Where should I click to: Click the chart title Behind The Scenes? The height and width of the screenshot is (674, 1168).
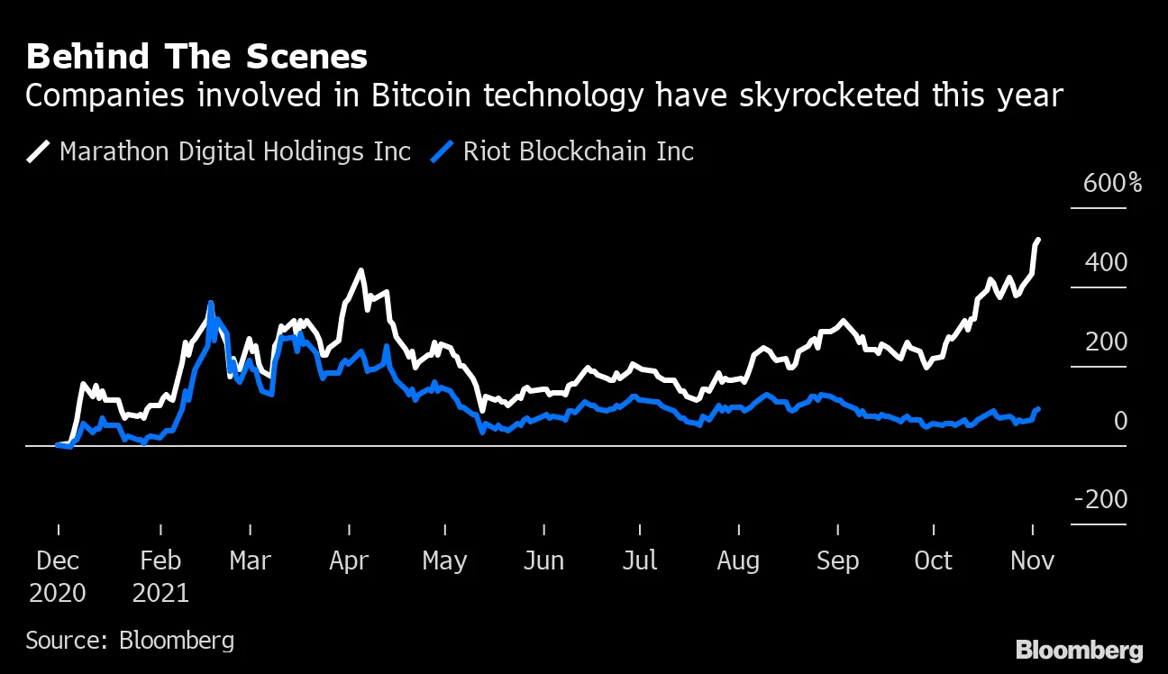pyautogui.click(x=196, y=57)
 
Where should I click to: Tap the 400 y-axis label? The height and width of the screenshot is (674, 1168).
pyautogui.click(x=1107, y=263)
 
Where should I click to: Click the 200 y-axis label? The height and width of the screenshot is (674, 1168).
pyautogui.click(x=1107, y=342)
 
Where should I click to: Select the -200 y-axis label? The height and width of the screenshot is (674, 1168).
pyautogui.click(x=1100, y=500)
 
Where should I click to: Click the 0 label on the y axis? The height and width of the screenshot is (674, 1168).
pyautogui.click(x=1120, y=421)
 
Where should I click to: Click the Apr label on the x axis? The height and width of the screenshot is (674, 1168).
pyautogui.click(x=349, y=561)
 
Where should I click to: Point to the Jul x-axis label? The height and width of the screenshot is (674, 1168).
pyautogui.click(x=639, y=561)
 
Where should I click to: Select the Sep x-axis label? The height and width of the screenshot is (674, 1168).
pyautogui.click(x=837, y=561)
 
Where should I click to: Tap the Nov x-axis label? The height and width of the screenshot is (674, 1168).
pyautogui.click(x=1031, y=561)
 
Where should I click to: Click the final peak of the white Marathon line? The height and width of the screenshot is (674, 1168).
pyautogui.click(x=1038, y=240)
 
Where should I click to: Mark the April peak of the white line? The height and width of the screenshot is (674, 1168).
pyautogui.click(x=361, y=270)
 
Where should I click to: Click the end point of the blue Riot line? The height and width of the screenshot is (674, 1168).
pyautogui.click(x=1038, y=409)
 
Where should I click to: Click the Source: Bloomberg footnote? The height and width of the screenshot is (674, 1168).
pyautogui.click(x=130, y=641)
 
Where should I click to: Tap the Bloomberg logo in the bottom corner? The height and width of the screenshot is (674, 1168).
pyautogui.click(x=1080, y=651)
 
